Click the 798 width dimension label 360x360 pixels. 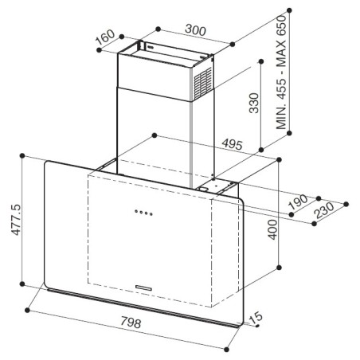pos(131,323)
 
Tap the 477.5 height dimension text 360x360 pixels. pos(16,220)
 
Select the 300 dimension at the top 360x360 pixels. pos(195,29)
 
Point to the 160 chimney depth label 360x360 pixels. pos(105,37)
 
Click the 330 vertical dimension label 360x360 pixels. pos(254,103)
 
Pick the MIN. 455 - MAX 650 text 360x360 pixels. pos(281,72)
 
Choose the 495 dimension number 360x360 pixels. pos(233,144)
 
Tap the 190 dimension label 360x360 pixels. pos(298,202)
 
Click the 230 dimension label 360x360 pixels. pos(323,210)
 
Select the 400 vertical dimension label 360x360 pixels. pos(272,229)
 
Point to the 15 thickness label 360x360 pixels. pos(256,318)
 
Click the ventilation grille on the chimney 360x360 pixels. pos(203,83)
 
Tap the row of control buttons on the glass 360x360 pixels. pos(143,213)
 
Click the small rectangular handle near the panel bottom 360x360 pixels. pos(143,288)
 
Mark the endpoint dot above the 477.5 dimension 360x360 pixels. pos(22,155)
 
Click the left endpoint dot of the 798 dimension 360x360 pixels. pos(27,310)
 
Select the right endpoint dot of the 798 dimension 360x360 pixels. pos(226,350)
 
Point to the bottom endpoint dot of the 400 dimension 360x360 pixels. pos(279,268)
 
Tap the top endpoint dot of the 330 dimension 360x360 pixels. pos(261,61)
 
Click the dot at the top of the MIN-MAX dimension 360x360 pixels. pos(289,10)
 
